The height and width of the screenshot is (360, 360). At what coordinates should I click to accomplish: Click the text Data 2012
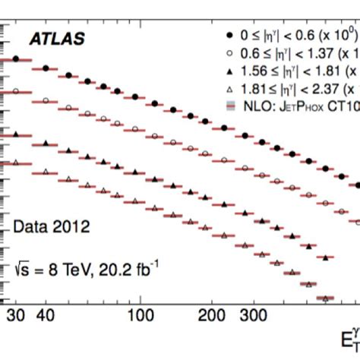point(51,226)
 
